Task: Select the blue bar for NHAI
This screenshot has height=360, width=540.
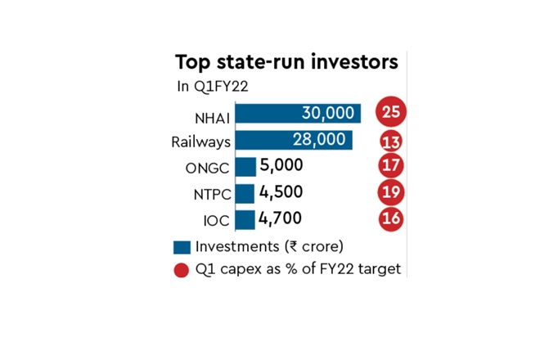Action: click(x=297, y=114)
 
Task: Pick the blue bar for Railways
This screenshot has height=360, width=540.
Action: click(x=293, y=140)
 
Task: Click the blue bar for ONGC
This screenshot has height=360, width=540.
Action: click(x=245, y=166)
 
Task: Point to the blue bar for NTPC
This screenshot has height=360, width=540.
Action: click(x=244, y=192)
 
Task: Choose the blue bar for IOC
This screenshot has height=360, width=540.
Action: click(x=244, y=218)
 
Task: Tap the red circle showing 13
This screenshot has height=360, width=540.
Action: click(x=392, y=141)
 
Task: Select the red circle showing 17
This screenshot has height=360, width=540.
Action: click(x=392, y=166)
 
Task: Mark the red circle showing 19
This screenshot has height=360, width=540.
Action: click(x=392, y=192)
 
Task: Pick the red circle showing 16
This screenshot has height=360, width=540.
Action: click(x=392, y=218)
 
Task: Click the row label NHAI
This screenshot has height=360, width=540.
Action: click(x=210, y=115)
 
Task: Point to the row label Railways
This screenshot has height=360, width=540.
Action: click(x=200, y=142)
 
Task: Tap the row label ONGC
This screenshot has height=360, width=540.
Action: click(x=208, y=168)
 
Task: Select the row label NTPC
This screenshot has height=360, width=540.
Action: click(x=209, y=194)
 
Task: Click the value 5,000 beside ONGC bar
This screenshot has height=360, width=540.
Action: click(x=281, y=166)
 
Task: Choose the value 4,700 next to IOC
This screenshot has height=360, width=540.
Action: click(x=281, y=218)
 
